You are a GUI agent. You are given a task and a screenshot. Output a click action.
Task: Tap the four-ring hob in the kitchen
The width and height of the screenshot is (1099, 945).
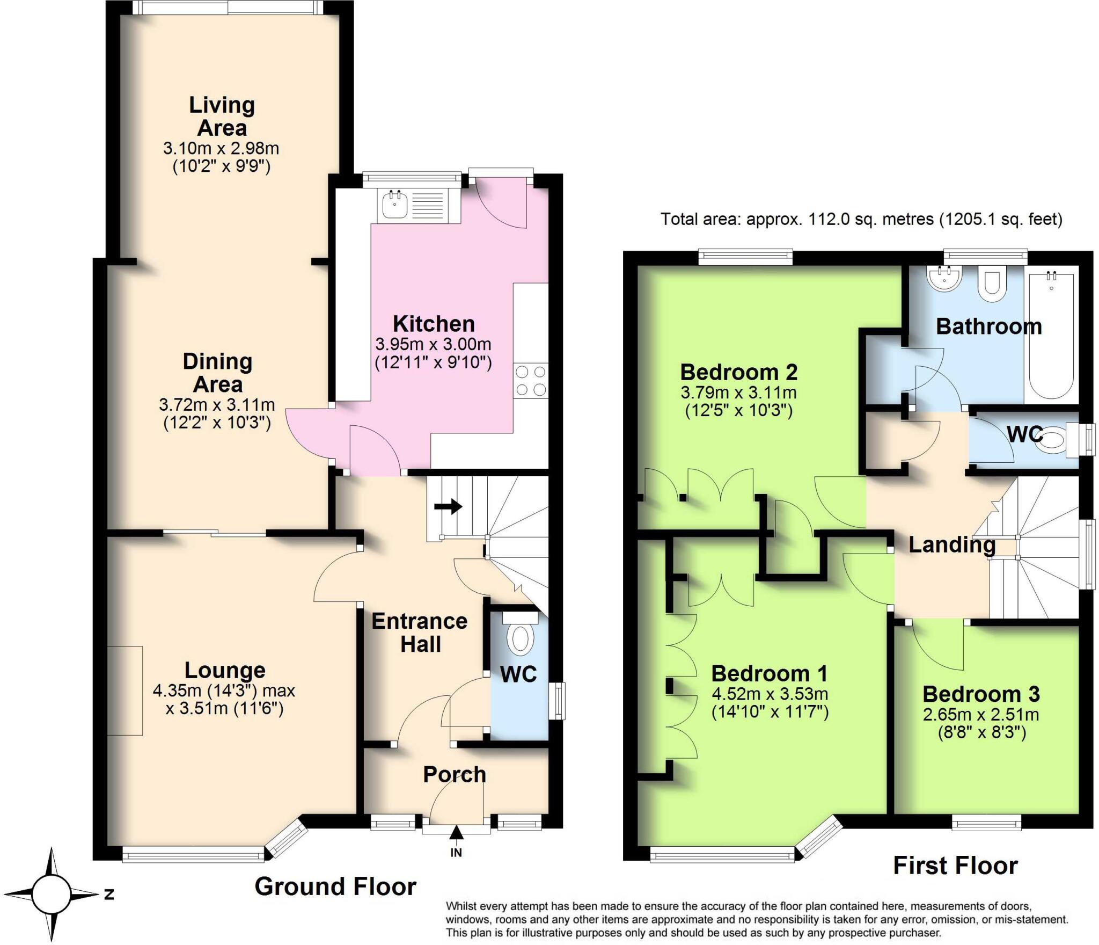(530, 381)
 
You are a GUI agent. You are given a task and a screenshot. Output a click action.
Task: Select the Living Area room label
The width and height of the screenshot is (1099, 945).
(222, 117)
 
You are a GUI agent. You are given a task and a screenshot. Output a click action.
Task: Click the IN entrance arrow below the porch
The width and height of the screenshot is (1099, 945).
(456, 838)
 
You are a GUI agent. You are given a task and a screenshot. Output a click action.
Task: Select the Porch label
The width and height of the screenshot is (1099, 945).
(455, 774)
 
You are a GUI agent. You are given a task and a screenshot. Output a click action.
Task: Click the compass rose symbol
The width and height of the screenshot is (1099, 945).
(52, 895)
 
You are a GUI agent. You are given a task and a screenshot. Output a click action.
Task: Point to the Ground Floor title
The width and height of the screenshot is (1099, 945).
(335, 886)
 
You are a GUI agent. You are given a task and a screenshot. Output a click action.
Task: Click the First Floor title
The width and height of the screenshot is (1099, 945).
(955, 866)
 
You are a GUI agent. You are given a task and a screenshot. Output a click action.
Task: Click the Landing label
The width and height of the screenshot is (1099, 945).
(952, 545)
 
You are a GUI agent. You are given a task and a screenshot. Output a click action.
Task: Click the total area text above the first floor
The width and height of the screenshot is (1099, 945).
(861, 219)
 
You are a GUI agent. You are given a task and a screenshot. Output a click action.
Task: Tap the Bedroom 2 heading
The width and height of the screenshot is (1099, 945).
(739, 372)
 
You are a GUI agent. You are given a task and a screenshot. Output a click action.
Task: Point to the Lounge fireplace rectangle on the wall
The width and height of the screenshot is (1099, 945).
(125, 690)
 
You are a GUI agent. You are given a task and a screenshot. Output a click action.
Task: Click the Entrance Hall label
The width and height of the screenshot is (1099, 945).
(420, 633)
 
